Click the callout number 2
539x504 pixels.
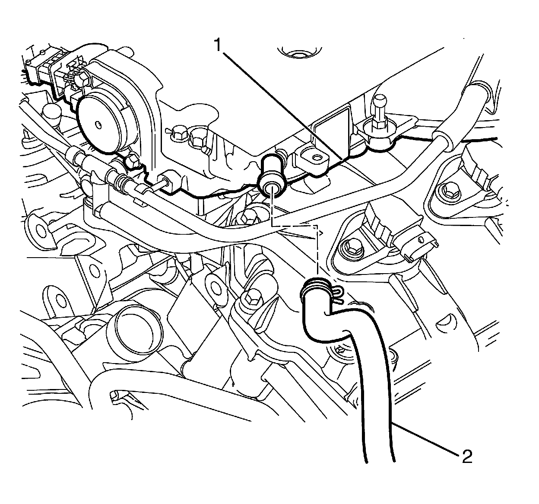click(x=466, y=457)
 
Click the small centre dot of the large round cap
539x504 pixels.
click(x=99, y=125)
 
